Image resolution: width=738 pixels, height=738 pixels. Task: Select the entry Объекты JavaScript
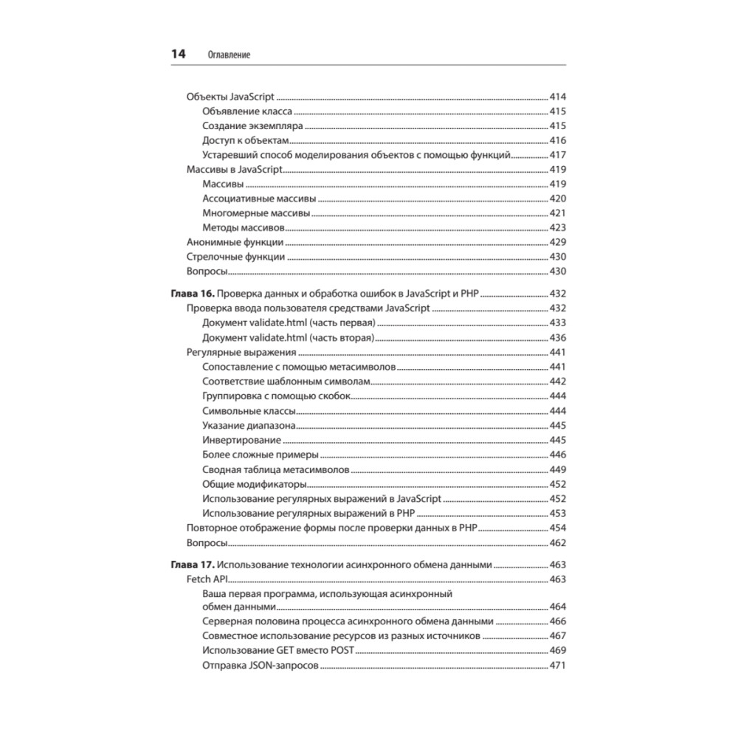(230, 97)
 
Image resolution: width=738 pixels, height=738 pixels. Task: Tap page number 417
(557, 155)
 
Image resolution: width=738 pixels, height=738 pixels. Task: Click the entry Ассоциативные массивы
(259, 199)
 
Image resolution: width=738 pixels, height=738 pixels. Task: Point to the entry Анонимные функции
(235, 242)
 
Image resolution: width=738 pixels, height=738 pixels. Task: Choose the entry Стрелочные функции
(235, 257)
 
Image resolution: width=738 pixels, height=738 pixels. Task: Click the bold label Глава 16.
(193, 293)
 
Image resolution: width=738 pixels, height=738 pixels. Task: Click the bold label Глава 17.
(193, 565)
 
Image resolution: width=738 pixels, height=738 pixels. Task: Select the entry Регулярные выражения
(241, 352)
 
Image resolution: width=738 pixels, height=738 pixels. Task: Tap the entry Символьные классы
(249, 410)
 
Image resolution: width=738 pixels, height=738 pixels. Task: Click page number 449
(557, 469)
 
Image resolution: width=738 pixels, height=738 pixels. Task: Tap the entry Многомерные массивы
(255, 213)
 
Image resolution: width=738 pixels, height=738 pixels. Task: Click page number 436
(557, 337)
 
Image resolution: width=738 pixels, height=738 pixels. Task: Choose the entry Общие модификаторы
(254, 484)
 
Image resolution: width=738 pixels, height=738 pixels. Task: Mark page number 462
(557, 543)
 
